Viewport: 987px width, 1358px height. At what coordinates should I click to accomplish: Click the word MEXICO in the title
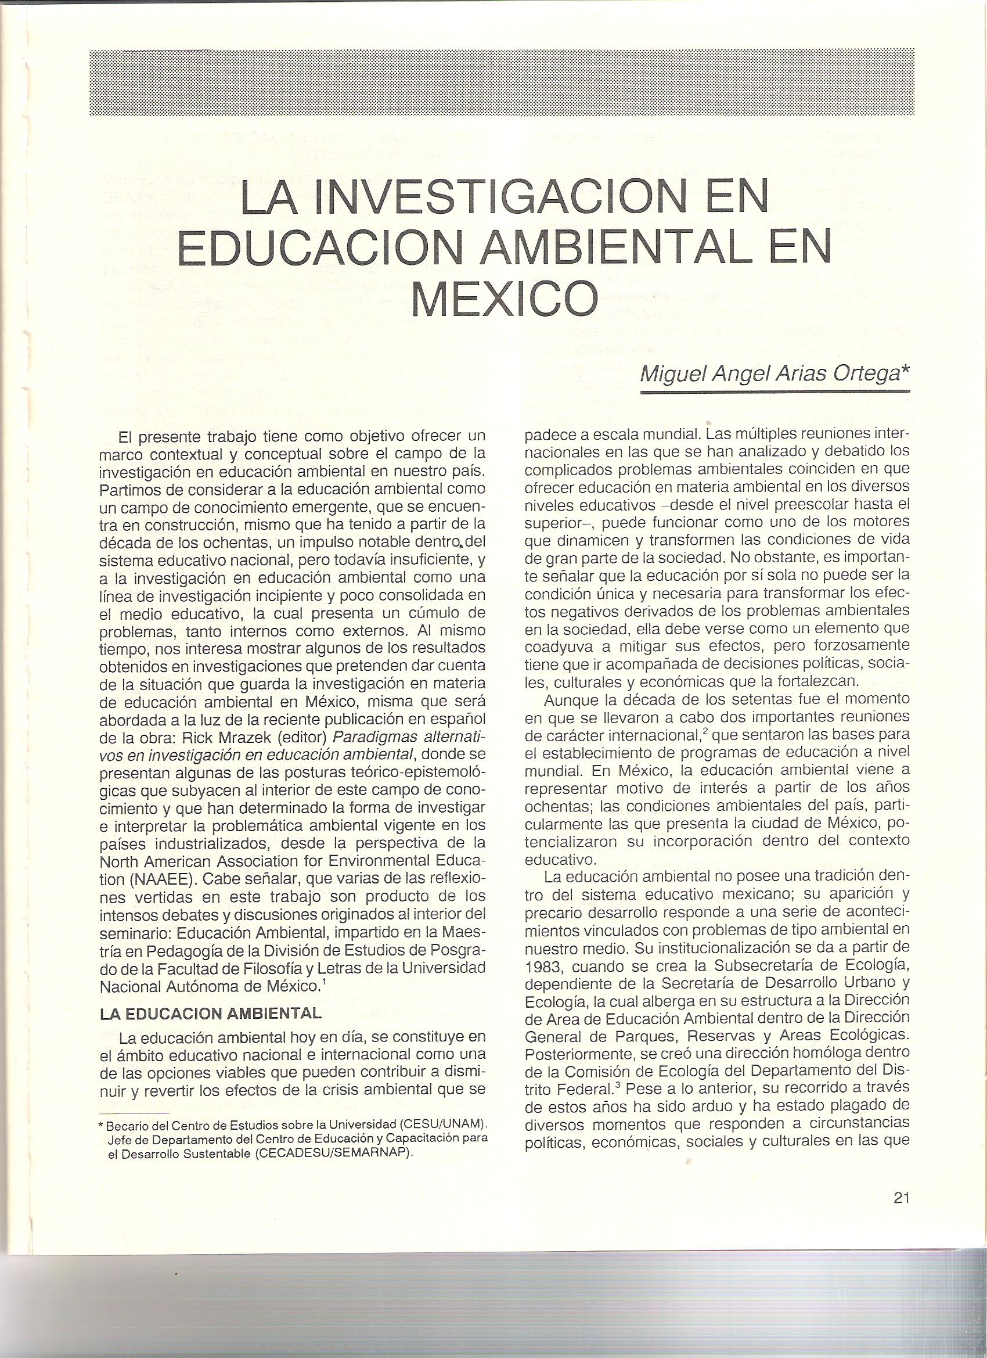coord(505,299)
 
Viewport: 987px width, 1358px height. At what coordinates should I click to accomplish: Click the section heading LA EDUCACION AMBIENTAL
coord(211,1012)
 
